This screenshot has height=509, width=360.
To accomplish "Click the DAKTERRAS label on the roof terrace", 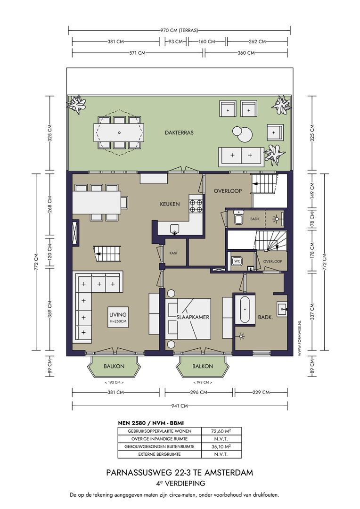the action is [179, 132].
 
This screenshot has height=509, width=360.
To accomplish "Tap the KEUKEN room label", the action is [170, 204].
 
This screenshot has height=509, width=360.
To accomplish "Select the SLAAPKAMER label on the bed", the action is [193, 317].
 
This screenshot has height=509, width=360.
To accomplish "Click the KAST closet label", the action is [173, 253].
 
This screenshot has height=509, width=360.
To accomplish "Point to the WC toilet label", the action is [237, 261].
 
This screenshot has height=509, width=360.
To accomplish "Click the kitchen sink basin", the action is [175, 229].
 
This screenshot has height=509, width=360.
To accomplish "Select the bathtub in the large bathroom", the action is [245, 309].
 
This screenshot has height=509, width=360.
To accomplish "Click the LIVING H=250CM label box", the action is [118, 317].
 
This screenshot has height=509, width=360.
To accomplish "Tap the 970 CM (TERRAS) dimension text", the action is [179, 31].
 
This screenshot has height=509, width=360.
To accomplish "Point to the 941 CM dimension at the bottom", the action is [180, 406].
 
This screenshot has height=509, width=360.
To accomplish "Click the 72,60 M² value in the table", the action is [221, 431].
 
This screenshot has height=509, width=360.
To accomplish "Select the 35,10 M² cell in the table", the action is [221, 446].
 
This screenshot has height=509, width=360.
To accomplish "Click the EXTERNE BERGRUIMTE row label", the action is [159, 454].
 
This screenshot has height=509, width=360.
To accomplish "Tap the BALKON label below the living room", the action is [114, 366].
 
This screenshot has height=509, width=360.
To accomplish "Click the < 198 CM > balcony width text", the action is [203, 382].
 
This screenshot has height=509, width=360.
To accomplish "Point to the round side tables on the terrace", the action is [243, 133].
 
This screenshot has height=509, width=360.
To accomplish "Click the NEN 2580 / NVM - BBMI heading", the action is [151, 423].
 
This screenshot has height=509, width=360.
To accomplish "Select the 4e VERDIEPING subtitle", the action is [180, 484].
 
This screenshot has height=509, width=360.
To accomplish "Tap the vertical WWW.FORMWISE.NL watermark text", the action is [300, 337].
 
